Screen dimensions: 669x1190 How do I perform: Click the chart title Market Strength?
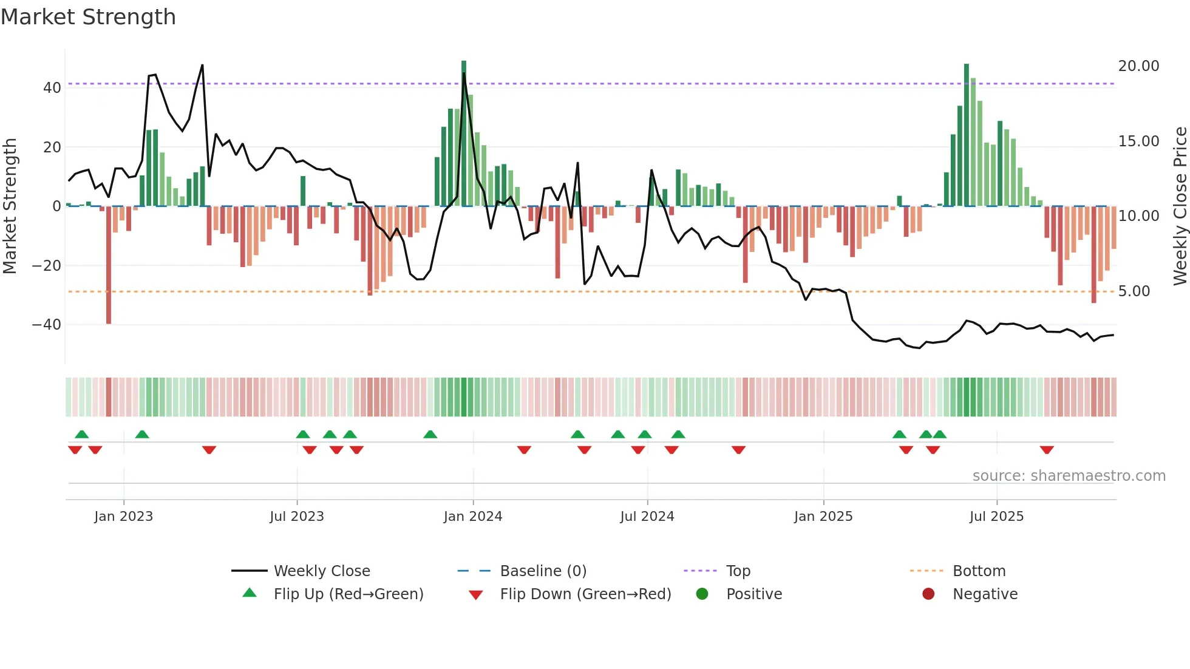click(x=88, y=17)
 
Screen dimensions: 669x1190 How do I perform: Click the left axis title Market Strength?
click(x=10, y=206)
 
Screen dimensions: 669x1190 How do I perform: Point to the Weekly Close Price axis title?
click(x=1180, y=206)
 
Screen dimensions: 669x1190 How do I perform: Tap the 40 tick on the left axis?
click(x=52, y=88)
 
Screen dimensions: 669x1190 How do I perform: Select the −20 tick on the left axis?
click(x=47, y=266)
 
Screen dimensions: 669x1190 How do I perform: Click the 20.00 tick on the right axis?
click(x=1138, y=66)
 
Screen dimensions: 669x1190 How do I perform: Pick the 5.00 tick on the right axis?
click(x=1134, y=291)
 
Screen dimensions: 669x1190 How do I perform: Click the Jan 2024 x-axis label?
click(x=473, y=517)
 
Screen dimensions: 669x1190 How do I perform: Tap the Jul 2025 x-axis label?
click(x=996, y=517)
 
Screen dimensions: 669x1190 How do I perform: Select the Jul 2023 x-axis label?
click(x=297, y=517)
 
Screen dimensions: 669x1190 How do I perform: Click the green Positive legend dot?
click(x=702, y=594)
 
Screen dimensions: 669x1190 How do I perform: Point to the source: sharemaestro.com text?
click(x=1069, y=476)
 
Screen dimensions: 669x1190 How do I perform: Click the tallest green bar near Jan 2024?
click(x=464, y=134)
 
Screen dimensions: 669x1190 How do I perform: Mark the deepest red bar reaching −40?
click(x=109, y=265)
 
